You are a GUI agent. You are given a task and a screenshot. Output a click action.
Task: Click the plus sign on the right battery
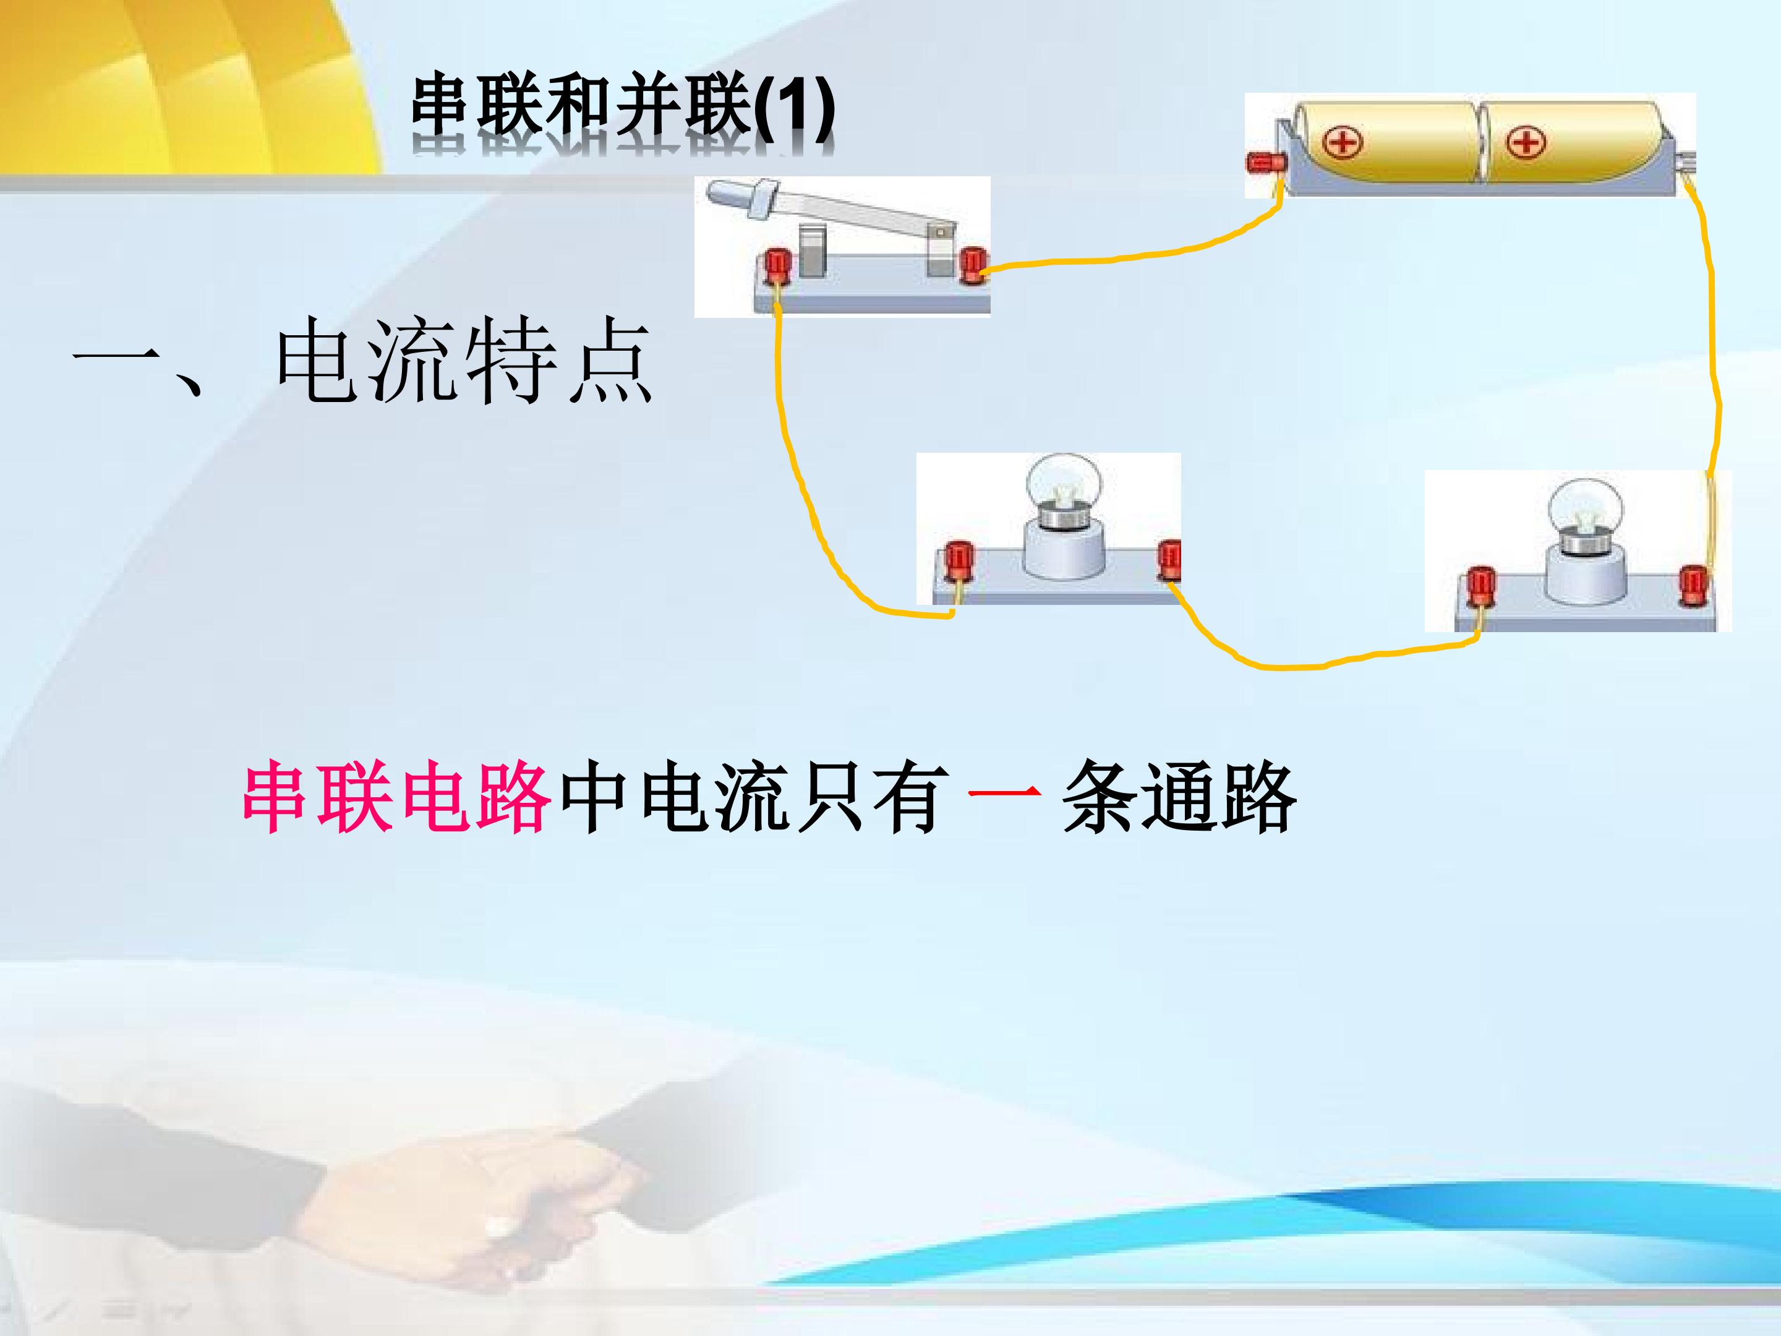pos(1526,143)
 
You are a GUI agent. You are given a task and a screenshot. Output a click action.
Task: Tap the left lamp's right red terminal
pos(1169,559)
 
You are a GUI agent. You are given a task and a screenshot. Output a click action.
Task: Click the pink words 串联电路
pos(397,797)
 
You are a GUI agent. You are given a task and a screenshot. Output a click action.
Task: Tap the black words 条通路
pos(1179,797)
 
